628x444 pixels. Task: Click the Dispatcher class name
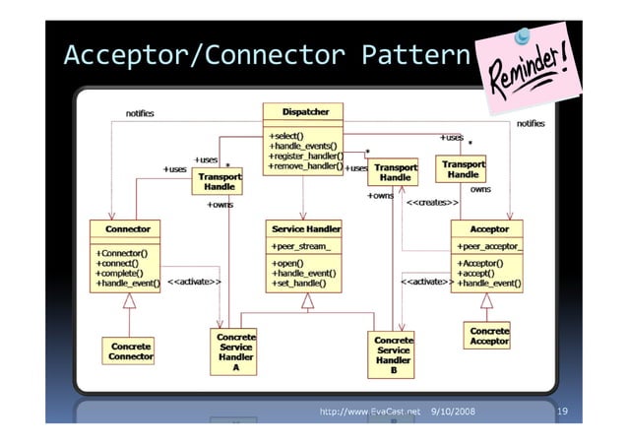click(302, 111)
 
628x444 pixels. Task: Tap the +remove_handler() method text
click(305, 167)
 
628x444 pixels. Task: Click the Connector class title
click(126, 228)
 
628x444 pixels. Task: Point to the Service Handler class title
click(305, 228)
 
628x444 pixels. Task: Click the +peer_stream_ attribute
click(300, 246)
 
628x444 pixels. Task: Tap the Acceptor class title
click(489, 228)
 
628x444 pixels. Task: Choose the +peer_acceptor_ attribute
click(489, 246)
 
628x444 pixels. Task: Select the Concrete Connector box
click(131, 352)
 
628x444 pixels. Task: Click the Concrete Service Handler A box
click(236, 352)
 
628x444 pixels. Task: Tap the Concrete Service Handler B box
click(393, 356)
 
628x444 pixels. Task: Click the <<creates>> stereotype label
click(432, 203)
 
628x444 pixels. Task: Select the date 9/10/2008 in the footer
click(453, 410)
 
